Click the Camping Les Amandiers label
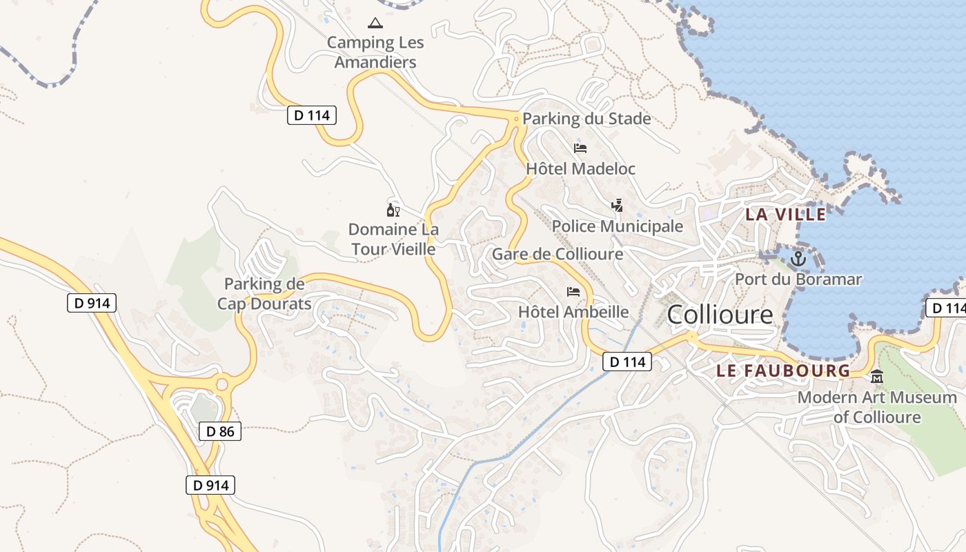pyautogui.click(x=375, y=52)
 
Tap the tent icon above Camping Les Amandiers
pyautogui.click(x=375, y=23)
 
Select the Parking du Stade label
pyautogui.click(x=586, y=119)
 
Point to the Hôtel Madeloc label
pyautogui.click(x=580, y=168)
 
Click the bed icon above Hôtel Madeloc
pyautogui.click(x=580, y=148)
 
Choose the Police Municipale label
pyautogui.click(x=618, y=226)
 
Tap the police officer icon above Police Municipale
pyautogui.click(x=618, y=205)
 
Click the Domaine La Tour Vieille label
pyautogui.click(x=393, y=239)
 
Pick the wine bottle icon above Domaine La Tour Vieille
pyautogui.click(x=393, y=210)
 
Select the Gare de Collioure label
pyautogui.click(x=558, y=254)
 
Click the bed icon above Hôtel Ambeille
pyautogui.click(x=573, y=291)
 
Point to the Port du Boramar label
pyautogui.click(x=798, y=279)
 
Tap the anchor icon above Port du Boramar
pyautogui.click(x=798, y=259)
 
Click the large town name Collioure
pyautogui.click(x=720, y=315)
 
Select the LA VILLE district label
pyautogui.click(x=785, y=214)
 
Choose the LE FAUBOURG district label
pyautogui.click(x=783, y=371)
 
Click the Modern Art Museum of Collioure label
pyautogui.click(x=877, y=407)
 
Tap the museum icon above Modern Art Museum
pyautogui.click(x=877, y=377)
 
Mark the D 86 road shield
pyautogui.click(x=220, y=432)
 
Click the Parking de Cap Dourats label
pyautogui.click(x=264, y=293)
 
